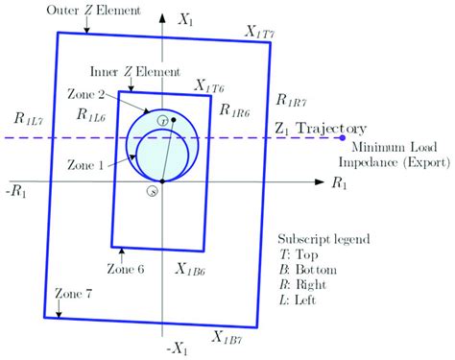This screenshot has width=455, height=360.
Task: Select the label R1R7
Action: point(291,99)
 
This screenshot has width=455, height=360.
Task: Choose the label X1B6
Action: point(187,272)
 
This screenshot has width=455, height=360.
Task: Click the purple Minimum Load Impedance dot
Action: point(330,138)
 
